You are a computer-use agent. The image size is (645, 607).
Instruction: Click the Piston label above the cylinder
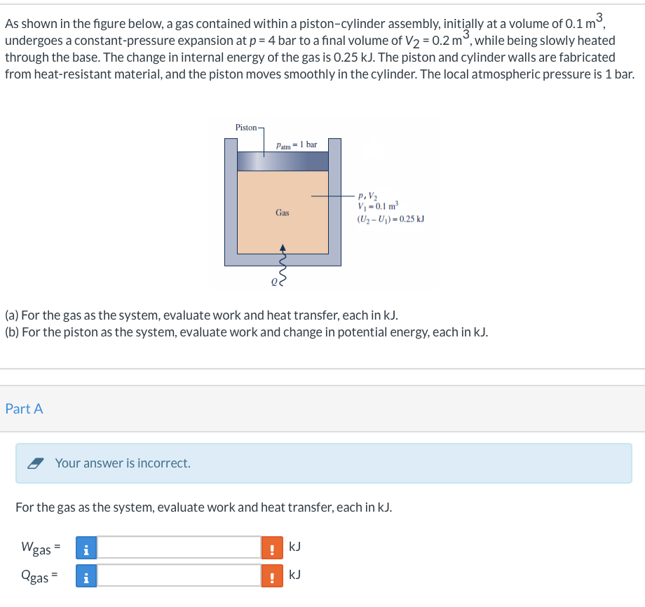(247, 128)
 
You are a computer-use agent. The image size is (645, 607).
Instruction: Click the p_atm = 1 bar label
(296, 145)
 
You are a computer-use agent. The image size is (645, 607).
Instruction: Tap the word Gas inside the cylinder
(282, 212)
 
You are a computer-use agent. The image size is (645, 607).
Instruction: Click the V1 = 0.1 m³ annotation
(377, 205)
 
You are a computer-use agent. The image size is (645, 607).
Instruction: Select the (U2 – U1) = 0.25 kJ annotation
(391, 219)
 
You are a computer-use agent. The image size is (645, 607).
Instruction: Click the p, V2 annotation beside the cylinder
(367, 196)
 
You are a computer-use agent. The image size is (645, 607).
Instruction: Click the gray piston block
(283, 161)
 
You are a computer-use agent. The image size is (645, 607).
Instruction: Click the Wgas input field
(179, 547)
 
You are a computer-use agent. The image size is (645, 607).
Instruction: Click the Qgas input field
(179, 575)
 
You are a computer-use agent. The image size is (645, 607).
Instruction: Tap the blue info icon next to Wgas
(86, 547)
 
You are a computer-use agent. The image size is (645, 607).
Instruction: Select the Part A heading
(24, 409)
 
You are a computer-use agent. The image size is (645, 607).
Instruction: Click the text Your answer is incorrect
(123, 463)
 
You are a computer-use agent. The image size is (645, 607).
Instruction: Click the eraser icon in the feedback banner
(36, 463)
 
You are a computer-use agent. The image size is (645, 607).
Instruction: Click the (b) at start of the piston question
(11, 332)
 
